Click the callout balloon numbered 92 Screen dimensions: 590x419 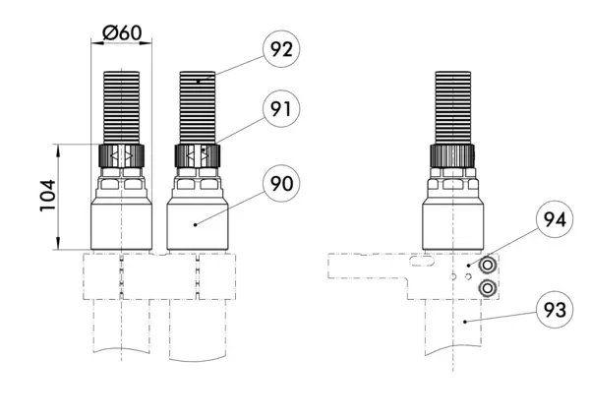(x=281, y=49)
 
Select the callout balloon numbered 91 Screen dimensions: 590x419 (x=281, y=109)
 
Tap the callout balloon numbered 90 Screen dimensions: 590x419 (x=281, y=183)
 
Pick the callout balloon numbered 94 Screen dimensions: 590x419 (x=555, y=219)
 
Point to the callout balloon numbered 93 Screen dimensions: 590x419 (x=555, y=310)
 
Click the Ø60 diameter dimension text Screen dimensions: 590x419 (x=122, y=32)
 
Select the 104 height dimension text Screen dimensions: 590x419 (x=48, y=196)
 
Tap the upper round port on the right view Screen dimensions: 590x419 (x=487, y=266)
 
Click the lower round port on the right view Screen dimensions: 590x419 (x=487, y=289)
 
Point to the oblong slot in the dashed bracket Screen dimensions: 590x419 (x=422, y=261)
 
